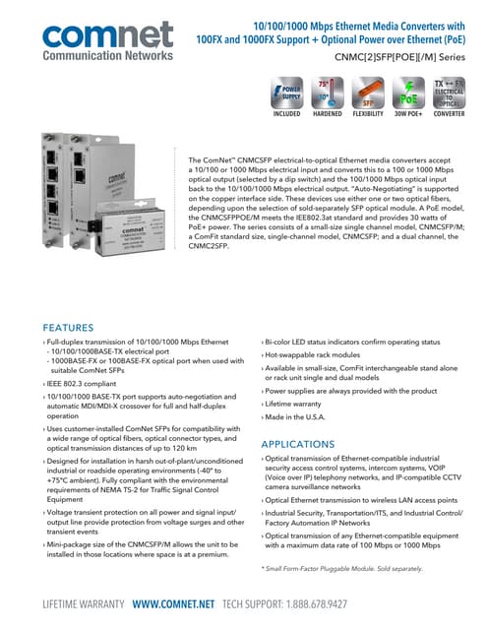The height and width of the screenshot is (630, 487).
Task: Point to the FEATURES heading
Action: (81, 328)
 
